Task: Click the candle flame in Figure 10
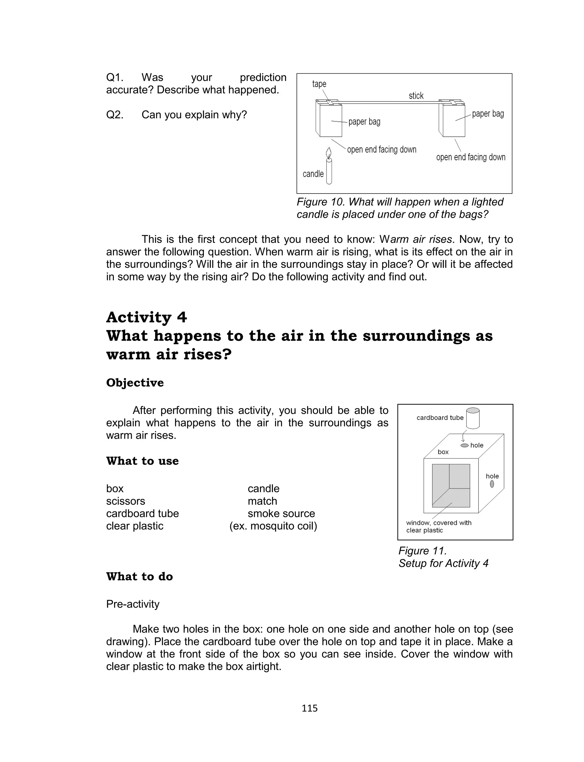[328, 153]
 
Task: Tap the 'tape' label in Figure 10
[319, 84]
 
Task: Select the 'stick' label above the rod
[416, 96]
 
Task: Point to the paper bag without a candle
[454, 120]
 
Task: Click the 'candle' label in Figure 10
[313, 174]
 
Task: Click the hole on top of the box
[465, 446]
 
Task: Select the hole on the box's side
[492, 484]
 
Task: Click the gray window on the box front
[451, 485]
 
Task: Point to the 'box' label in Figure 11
[443, 452]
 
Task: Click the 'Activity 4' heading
[146, 317]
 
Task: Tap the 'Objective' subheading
[135, 383]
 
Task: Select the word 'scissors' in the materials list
[125, 501]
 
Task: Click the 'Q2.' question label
[115, 115]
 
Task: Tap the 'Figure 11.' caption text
[422, 551]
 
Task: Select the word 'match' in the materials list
[262, 501]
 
